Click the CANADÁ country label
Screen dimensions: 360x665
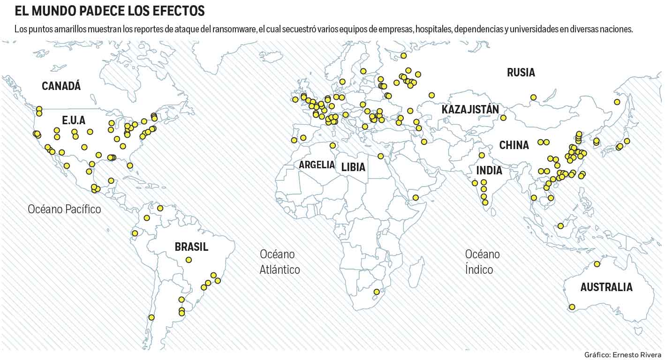tap(61, 86)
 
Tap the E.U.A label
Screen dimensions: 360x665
tap(74, 120)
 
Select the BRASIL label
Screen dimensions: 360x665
tap(191, 247)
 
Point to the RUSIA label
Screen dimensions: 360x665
tap(521, 72)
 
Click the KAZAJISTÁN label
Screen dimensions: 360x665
tap(470, 110)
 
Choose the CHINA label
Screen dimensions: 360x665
tap(514, 145)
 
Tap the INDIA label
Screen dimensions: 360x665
tap(489, 170)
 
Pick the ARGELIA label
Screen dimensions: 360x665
tap(317, 165)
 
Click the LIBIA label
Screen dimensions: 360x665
tap(353, 167)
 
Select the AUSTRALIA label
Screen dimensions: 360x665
tap(606, 287)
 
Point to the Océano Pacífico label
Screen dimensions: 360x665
tap(64, 209)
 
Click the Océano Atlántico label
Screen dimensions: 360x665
tap(280, 262)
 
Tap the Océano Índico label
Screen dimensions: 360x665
tap(482, 262)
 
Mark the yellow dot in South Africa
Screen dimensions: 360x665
tap(376, 292)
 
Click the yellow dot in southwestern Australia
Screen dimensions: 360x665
tap(572, 307)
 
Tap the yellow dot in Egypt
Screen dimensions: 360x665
tap(380, 156)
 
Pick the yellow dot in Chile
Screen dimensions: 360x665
tap(151, 317)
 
